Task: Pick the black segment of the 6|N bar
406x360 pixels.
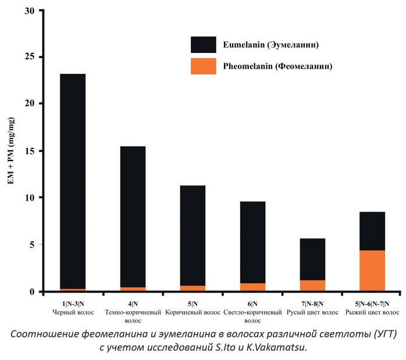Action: coord(252,242)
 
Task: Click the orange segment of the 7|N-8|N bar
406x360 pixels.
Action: coord(312,286)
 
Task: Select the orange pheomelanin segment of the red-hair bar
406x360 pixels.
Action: coord(372,270)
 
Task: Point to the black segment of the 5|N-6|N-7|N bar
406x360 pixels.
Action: coord(372,231)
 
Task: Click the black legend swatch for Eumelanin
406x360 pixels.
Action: coord(203,45)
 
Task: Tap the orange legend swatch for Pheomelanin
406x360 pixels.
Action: coord(203,66)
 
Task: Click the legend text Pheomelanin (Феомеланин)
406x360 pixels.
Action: coord(277,66)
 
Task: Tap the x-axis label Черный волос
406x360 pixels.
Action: coord(73,312)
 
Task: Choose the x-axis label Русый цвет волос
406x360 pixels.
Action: coord(312,312)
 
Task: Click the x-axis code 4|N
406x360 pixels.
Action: coord(133,304)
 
